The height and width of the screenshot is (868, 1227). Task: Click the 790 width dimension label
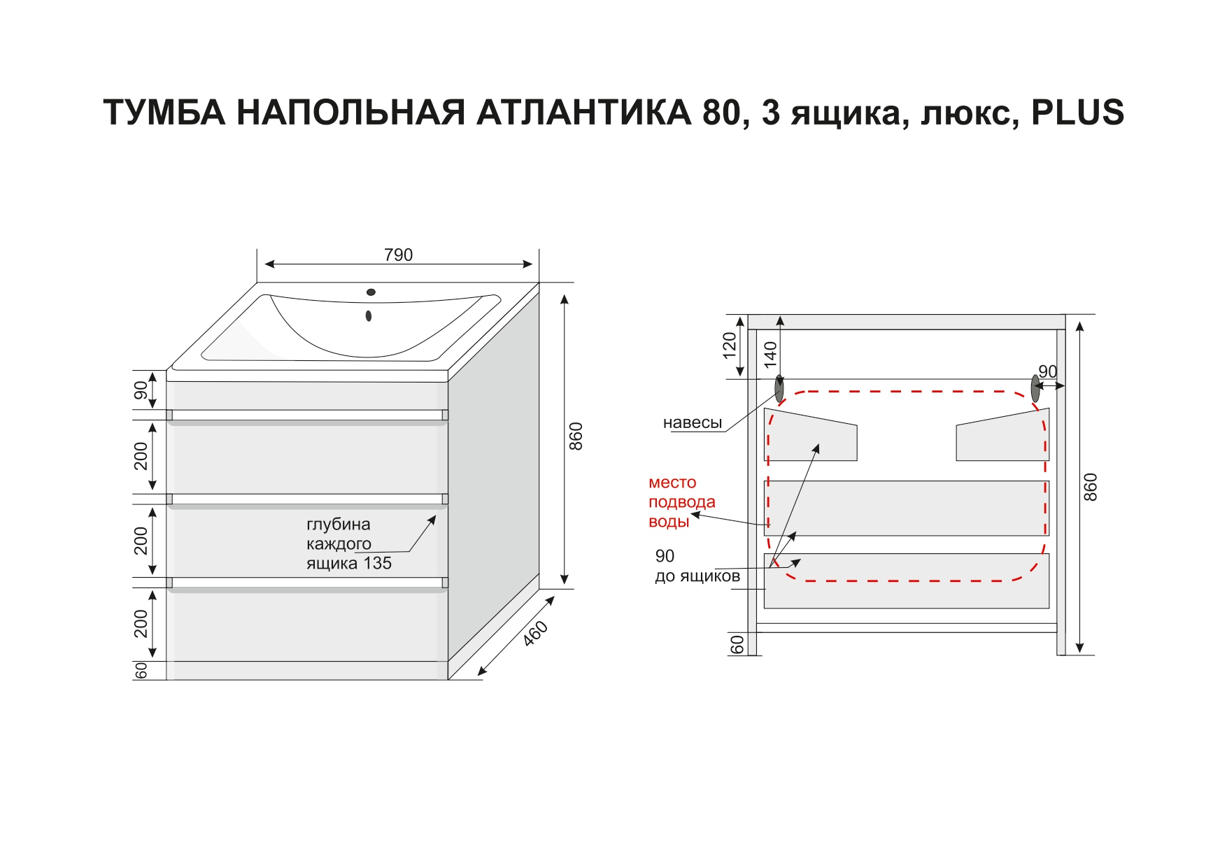[398, 255]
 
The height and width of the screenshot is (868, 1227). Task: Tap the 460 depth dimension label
[536, 633]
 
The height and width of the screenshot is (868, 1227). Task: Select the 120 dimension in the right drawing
[730, 345]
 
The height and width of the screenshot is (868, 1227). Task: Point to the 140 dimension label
[770, 355]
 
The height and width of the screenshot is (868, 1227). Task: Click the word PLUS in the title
[1077, 113]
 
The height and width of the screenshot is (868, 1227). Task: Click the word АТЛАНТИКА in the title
[584, 113]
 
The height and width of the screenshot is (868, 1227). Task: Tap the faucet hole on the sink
[371, 292]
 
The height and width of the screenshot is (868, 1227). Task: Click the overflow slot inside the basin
[369, 316]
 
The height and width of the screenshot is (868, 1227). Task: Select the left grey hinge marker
[779, 389]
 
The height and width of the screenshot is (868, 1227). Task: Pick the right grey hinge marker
[1035, 389]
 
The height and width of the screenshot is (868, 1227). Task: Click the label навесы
[692, 422]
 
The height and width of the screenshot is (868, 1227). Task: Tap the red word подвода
[681, 502]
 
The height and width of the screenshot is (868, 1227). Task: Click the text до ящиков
[697, 576]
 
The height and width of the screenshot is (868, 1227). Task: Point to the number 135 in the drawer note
[377, 563]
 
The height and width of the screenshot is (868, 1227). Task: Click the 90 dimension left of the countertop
[141, 390]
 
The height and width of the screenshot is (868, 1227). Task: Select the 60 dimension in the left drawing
[141, 670]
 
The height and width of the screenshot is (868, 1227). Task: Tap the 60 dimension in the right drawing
[737, 644]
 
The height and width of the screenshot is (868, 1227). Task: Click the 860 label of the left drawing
[576, 436]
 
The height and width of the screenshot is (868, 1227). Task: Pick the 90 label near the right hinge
[1047, 371]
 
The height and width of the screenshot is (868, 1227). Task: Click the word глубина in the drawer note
[338, 525]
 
